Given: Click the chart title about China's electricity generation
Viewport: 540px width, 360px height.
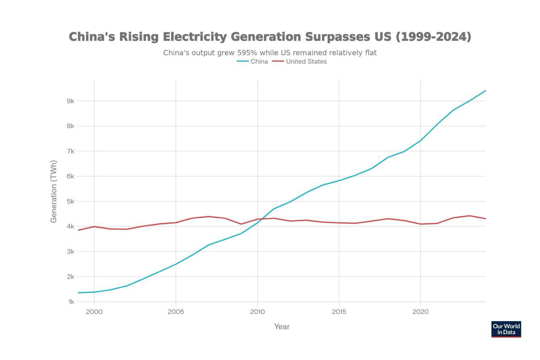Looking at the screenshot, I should point(270,37).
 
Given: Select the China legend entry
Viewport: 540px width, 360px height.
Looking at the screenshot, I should point(252,62).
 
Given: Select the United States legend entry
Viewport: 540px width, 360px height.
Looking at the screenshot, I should point(300,62).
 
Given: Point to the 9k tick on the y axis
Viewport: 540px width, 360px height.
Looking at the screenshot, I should point(70,101).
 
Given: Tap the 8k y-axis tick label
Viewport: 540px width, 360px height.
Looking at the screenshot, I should point(70,126).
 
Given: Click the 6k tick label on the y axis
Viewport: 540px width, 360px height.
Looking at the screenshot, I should point(70,176).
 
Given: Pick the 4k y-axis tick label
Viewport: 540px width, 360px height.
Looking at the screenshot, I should point(70,227).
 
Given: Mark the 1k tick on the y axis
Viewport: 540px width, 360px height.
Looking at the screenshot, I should point(70,302).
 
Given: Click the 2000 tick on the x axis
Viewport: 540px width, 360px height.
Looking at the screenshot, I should point(94,312).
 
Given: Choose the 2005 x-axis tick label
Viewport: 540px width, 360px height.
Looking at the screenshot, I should point(175,312).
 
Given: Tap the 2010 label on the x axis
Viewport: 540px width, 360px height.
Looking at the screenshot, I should point(257,312).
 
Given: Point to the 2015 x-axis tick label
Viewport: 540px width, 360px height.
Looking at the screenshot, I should point(339,312).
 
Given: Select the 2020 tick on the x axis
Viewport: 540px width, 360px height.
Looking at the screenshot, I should point(420,312).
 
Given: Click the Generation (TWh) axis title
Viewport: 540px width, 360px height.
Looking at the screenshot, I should point(54,191).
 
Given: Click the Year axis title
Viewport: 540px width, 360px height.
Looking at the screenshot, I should point(282,327).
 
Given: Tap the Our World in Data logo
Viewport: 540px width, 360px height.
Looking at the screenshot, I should point(506,329).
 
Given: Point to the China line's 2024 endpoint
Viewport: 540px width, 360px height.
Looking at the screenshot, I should point(486,90).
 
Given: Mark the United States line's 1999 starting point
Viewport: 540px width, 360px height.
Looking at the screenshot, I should point(78,230).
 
